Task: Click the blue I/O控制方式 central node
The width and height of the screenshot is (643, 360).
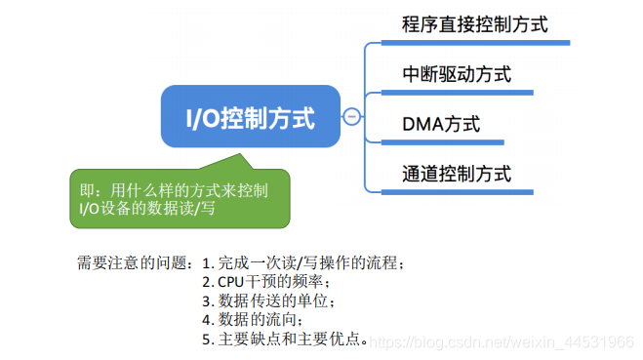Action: click(252, 118)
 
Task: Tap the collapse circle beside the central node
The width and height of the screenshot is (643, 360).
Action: click(352, 118)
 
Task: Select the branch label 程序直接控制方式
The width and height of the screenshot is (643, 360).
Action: click(474, 24)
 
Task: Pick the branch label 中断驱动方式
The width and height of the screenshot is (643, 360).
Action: click(456, 75)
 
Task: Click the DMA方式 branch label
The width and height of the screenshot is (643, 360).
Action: click(440, 126)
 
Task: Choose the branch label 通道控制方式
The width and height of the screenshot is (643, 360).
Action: click(456, 176)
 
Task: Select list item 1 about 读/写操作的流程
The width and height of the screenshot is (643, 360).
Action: click(302, 262)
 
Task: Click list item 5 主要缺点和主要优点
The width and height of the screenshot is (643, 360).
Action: click(284, 339)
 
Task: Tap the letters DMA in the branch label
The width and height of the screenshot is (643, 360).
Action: click(420, 126)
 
